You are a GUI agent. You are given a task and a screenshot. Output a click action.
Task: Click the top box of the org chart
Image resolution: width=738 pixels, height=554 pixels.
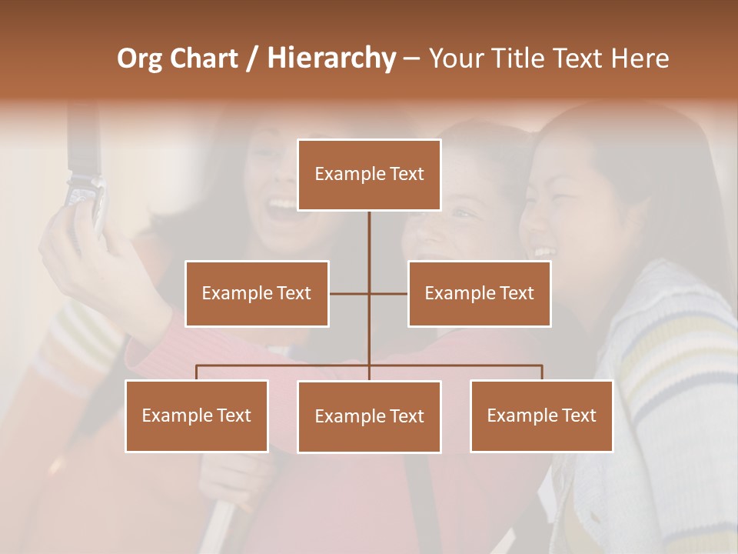coord(369,175)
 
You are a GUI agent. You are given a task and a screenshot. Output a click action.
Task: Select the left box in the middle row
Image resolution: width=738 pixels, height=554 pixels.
coord(257,293)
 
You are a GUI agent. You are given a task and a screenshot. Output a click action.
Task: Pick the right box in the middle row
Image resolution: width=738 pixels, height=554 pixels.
coord(479,293)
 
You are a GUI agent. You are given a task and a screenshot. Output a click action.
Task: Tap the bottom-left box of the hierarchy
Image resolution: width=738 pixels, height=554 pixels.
coord(197,415)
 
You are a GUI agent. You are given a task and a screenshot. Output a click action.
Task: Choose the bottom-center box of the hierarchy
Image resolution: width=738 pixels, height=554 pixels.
coord(369,416)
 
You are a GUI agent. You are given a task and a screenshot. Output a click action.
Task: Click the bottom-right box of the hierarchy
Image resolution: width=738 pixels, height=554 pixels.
coord(541,415)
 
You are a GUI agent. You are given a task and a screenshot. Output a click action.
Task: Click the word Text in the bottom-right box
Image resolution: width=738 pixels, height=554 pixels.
coord(578,415)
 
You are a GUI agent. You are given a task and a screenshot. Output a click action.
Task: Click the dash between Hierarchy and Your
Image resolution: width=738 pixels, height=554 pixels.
coord(411,59)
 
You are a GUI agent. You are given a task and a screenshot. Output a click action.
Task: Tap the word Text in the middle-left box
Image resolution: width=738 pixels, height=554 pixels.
coord(294,293)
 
